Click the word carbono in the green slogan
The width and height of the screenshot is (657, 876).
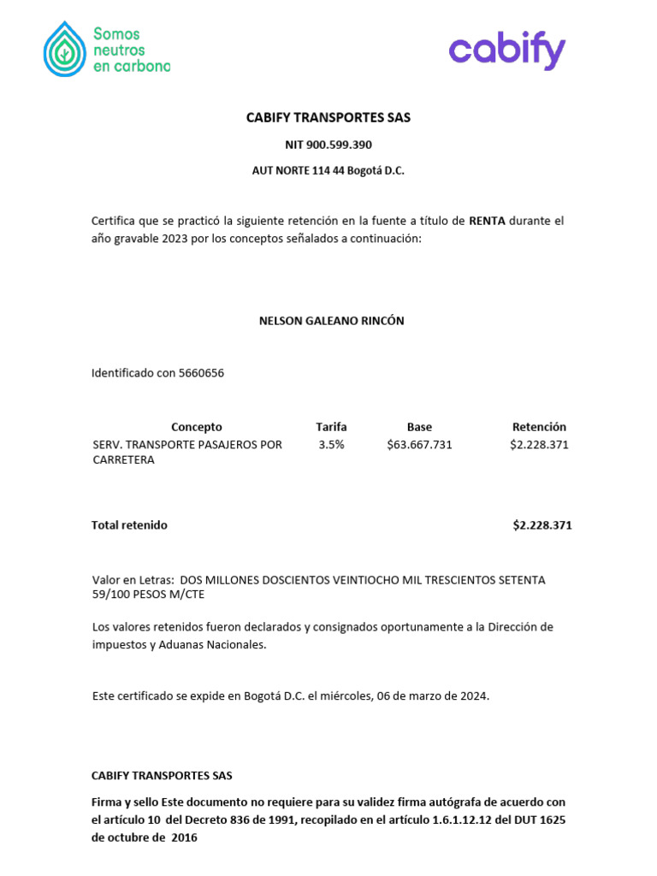tap(143, 67)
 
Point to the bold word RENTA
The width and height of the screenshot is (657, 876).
tap(488, 221)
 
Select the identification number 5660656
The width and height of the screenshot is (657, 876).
tap(201, 373)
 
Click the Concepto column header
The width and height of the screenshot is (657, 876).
tap(196, 427)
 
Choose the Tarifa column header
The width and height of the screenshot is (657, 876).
tap(331, 427)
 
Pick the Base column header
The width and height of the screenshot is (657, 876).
tap(419, 427)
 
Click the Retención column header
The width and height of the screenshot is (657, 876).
tap(539, 427)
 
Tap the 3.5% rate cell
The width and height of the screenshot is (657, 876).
tap(331, 445)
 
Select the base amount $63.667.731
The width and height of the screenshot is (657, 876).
tap(419, 445)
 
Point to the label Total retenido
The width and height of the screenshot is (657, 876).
tap(129, 525)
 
